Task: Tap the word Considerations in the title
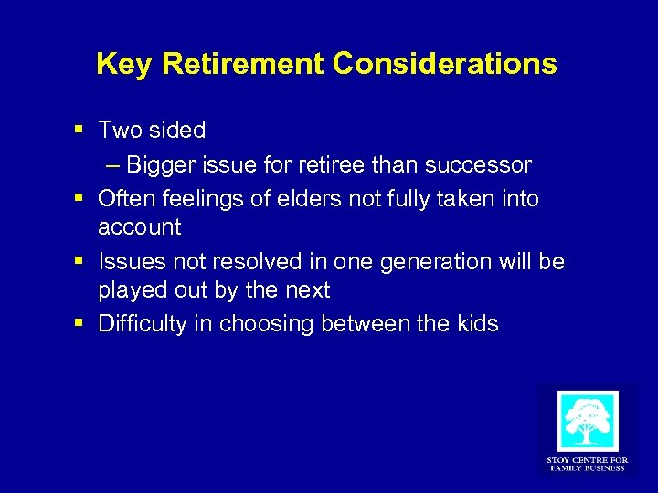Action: click(x=445, y=64)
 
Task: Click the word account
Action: click(x=140, y=227)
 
